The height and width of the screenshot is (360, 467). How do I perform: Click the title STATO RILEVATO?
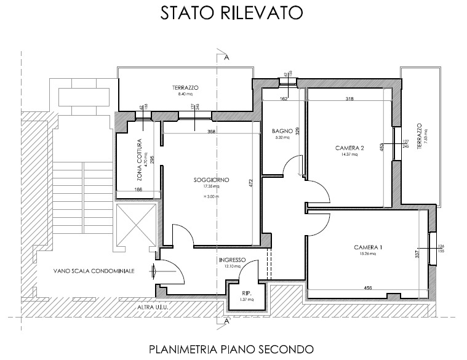coord(233,14)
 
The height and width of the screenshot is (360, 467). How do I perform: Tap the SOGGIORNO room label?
coord(211,180)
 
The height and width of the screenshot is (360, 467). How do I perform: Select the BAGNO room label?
coord(281,130)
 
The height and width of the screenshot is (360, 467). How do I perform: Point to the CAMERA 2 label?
coord(349,148)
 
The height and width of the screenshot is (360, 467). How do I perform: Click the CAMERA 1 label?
coord(368,247)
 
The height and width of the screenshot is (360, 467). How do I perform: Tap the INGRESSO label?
coord(232,260)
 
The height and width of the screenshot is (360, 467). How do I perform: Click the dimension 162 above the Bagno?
coord(284,98)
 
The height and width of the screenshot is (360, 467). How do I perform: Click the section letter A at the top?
coord(227,58)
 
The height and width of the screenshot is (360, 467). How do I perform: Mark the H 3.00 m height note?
coord(211,196)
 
